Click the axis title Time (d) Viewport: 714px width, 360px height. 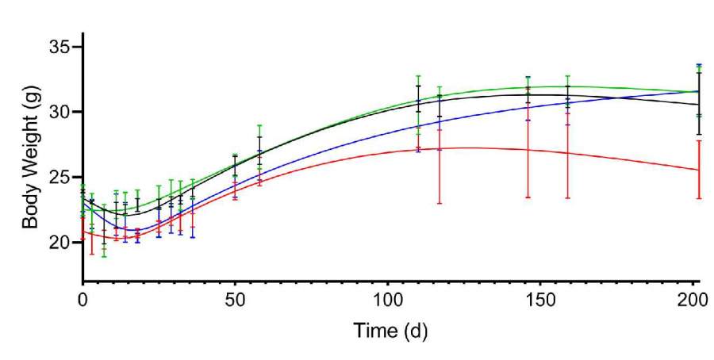point(388,329)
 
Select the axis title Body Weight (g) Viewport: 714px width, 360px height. point(30,159)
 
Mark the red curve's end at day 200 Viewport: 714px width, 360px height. point(698,170)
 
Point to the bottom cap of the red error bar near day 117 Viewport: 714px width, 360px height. point(440,204)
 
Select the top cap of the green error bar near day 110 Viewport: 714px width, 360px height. point(418,76)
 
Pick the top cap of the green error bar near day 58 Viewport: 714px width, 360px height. point(259,125)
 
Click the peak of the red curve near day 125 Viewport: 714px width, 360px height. point(464,147)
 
